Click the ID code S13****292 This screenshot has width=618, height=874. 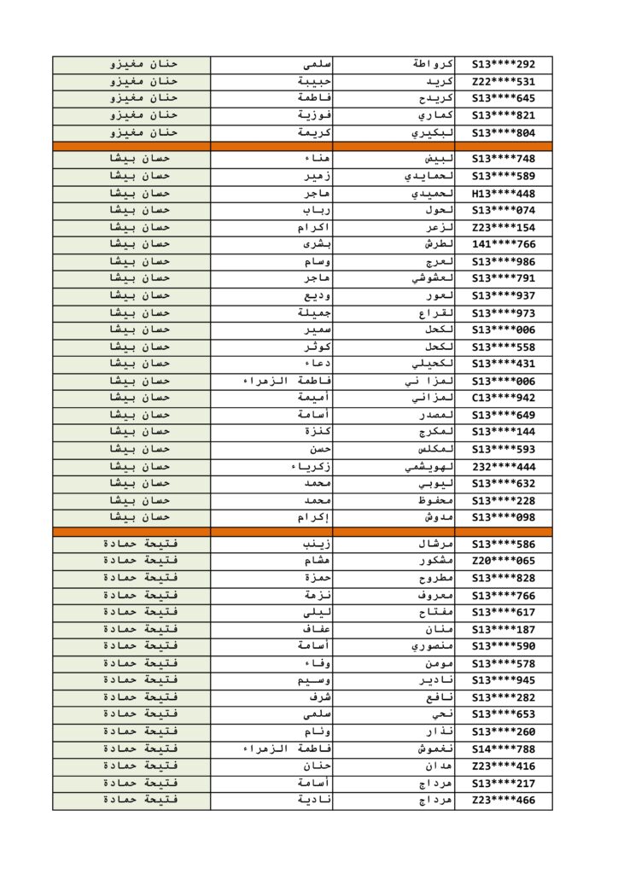point(504,64)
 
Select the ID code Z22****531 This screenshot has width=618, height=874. point(504,81)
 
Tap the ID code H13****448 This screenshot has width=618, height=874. point(504,193)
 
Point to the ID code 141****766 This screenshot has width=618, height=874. point(504,244)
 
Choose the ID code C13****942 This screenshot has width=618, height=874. point(504,398)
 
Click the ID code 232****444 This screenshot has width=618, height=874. point(504,466)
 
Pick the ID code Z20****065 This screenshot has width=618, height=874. point(504,561)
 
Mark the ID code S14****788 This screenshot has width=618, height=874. point(504,749)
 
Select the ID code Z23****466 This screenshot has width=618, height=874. point(504,800)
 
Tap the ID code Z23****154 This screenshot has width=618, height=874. point(504,227)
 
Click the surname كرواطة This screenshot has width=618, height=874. point(433,64)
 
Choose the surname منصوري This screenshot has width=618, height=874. point(432,646)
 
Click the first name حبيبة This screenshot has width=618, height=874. point(313,81)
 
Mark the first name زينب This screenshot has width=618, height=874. point(317,544)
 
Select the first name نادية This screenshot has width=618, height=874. point(315,800)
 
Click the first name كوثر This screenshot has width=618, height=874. point(318,347)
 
